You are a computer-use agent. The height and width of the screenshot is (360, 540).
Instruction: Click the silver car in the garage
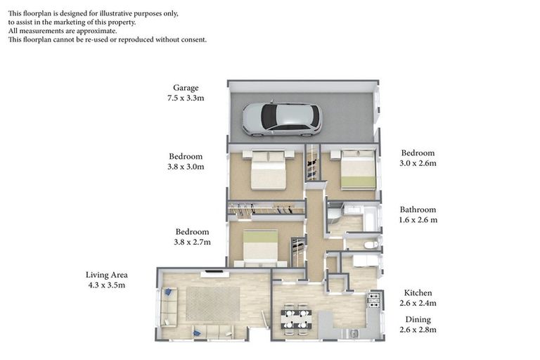point(281,120)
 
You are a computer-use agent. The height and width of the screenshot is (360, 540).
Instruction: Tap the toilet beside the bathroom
point(371,244)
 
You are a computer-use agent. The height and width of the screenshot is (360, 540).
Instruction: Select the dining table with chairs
point(295,319)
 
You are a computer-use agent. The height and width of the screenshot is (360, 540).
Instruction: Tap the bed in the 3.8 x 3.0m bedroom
point(267,171)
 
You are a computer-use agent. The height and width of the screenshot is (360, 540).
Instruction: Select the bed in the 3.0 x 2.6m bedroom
point(358,171)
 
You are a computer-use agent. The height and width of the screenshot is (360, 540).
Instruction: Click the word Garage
point(186,89)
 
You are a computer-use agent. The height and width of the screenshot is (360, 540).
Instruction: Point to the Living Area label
point(106,274)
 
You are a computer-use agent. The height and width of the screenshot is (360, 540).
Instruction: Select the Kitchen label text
point(418,292)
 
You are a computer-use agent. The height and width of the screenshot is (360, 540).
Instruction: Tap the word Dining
point(417,319)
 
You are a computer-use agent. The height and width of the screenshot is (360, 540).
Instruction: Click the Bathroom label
point(418,210)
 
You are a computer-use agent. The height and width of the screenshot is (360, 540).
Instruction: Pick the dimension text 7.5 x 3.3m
point(186,99)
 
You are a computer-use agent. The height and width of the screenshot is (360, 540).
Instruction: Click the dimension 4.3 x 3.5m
point(106,285)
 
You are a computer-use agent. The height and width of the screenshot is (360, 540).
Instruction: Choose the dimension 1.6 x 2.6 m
point(418,220)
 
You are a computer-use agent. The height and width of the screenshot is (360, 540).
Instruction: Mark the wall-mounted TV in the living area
point(213,271)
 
